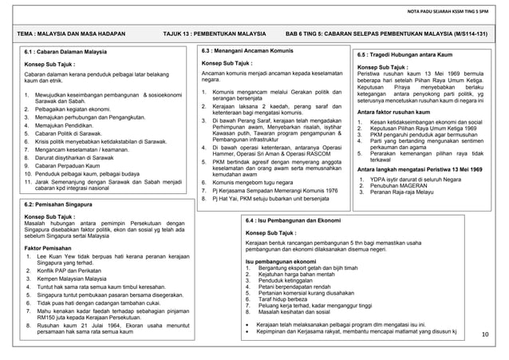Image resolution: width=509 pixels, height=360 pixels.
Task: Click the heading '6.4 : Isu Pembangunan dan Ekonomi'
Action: pyautogui.click(x=294, y=220)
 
